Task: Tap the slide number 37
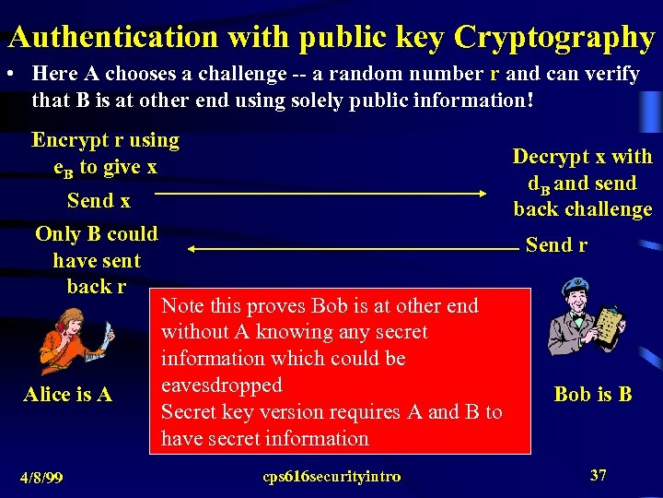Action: click(x=599, y=475)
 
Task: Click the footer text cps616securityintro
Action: click(x=331, y=476)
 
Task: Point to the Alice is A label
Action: click(x=67, y=395)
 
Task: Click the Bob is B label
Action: click(x=593, y=395)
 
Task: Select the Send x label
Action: click(x=99, y=200)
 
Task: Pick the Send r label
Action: click(x=556, y=245)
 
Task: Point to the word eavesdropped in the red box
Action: click(x=221, y=385)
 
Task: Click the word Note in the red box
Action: click(x=181, y=305)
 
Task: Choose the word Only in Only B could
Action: click(x=56, y=233)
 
